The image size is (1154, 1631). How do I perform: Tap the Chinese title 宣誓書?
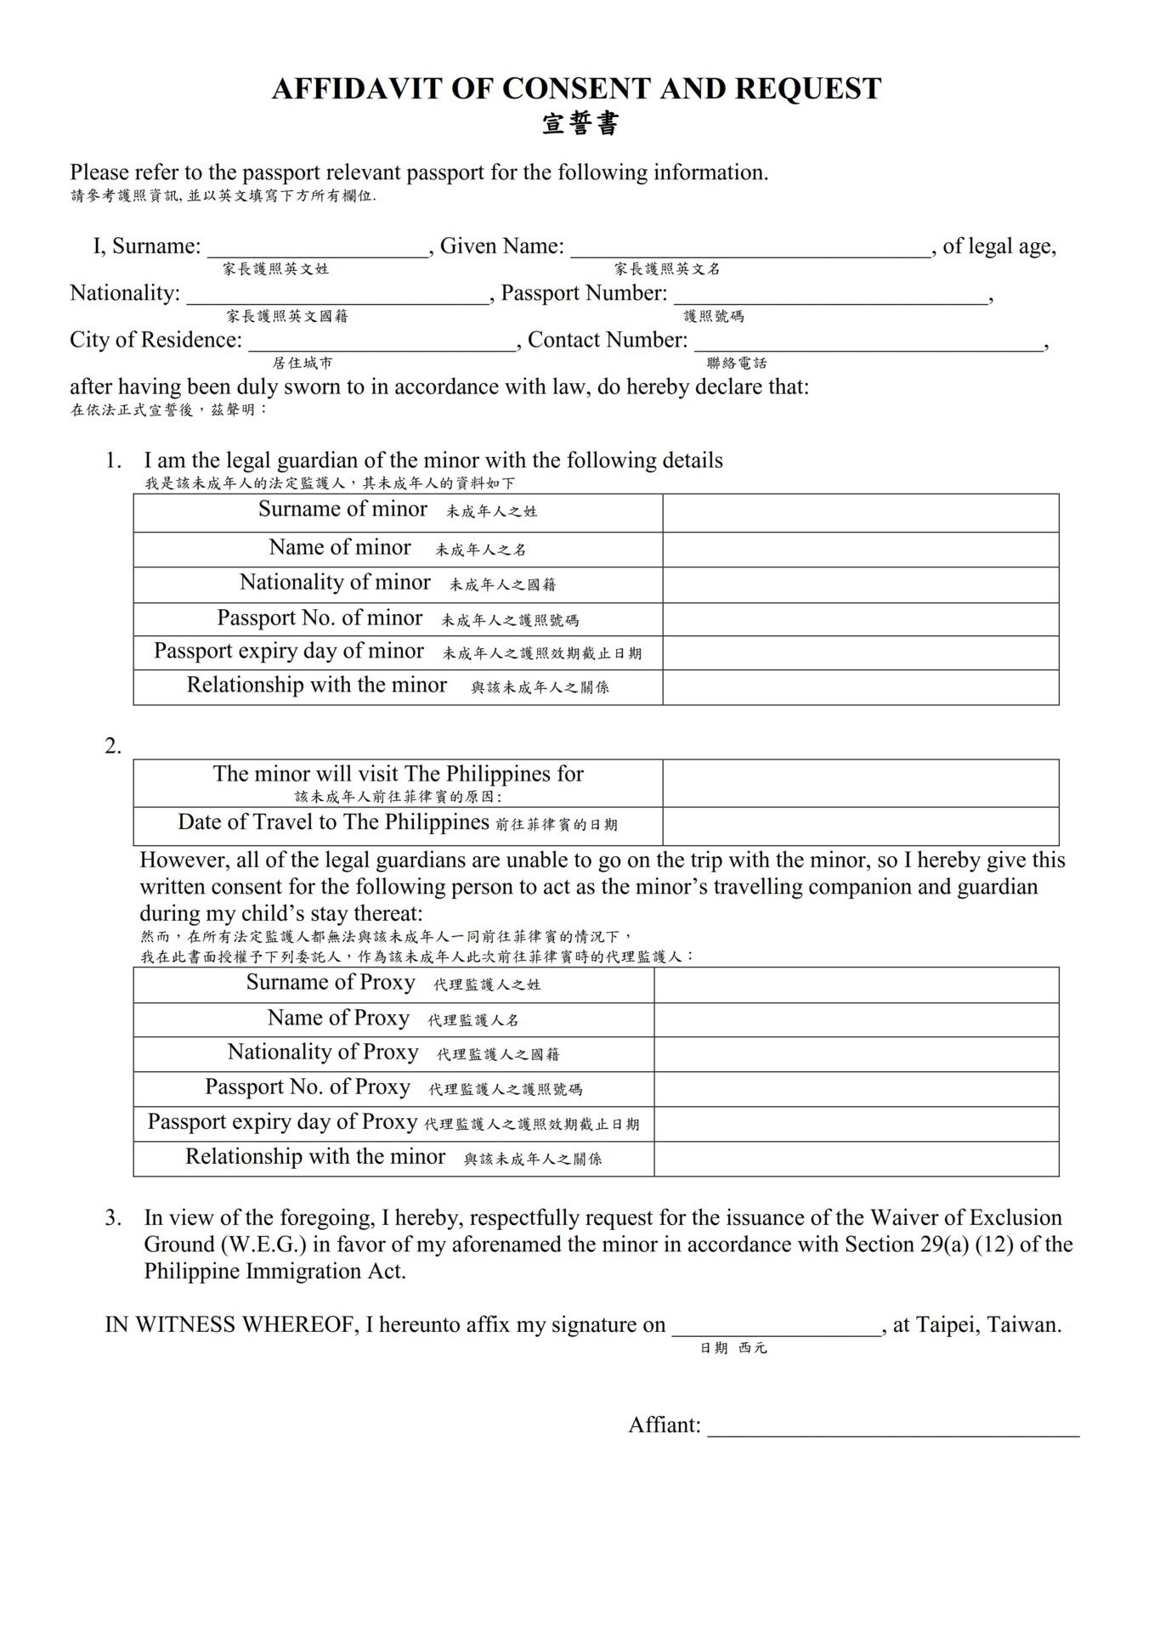coord(580,124)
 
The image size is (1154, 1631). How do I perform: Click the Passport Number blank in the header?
coord(830,296)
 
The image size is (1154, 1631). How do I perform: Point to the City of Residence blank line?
coord(382,343)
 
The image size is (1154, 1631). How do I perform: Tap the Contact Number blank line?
coord(868,343)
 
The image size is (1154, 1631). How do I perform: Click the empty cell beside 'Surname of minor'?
coord(860,513)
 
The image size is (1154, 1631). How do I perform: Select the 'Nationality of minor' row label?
coord(335,583)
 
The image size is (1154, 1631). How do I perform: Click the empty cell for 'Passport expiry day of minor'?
coord(860,653)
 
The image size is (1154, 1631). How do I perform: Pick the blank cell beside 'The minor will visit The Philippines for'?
coord(860,783)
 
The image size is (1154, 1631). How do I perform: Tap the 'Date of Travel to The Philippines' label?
coord(333,822)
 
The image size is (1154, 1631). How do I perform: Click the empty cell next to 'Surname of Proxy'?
coord(856,985)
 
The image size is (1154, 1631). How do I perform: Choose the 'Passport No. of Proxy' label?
coord(308,1087)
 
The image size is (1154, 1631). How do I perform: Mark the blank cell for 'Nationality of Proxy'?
coord(856,1054)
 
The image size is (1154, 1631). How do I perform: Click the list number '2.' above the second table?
coord(113,747)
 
